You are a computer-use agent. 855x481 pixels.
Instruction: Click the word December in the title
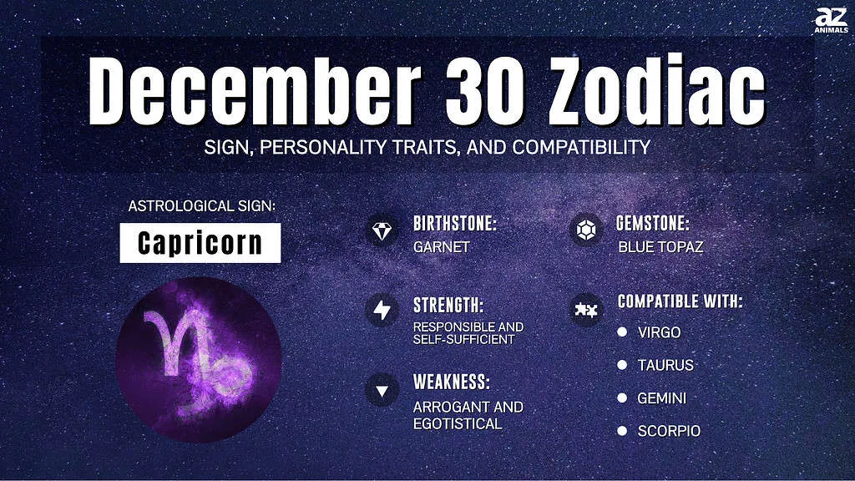point(255,90)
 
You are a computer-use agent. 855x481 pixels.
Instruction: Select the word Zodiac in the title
point(656,90)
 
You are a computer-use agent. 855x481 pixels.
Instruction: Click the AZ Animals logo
point(831,20)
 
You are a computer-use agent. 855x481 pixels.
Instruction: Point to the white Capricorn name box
point(200,243)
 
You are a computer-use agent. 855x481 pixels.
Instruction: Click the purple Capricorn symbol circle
point(199,360)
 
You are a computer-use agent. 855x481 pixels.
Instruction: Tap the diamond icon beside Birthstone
point(382,230)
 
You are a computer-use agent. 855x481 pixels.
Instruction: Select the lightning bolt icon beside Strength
point(382,311)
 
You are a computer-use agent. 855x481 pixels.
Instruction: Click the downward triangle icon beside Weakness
point(382,391)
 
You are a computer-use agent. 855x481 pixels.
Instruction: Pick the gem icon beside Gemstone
point(585,230)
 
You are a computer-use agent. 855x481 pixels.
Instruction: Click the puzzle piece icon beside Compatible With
point(585,310)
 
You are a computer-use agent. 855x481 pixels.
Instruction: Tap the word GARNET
point(441,247)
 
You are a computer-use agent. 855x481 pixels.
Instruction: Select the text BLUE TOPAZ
point(660,247)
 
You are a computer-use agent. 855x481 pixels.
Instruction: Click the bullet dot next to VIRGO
point(622,332)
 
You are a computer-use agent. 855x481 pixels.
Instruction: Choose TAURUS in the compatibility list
point(665,365)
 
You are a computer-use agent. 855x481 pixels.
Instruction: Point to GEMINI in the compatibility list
point(661,398)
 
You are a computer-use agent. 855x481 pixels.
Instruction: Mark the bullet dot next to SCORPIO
point(622,431)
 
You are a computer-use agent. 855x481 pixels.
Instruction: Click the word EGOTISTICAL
point(458,423)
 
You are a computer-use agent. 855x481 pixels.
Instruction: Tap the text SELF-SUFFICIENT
point(463,339)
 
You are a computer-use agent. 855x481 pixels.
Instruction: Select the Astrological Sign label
point(202,206)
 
